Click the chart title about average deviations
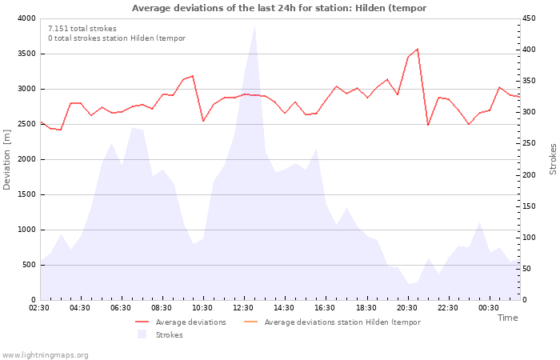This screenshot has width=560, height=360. [x=279, y=8]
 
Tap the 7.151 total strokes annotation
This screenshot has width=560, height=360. [x=82, y=29]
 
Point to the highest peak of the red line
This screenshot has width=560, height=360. [x=418, y=49]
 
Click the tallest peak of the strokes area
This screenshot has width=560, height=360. [x=254, y=26]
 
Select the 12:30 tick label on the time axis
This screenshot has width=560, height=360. [x=243, y=308]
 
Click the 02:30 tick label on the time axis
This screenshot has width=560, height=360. [x=39, y=308]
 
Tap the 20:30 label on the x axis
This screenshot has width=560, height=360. [x=406, y=308]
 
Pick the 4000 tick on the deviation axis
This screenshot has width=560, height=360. [x=26, y=18]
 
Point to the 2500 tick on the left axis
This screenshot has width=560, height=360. [x=26, y=124]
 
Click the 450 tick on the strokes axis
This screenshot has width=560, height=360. [x=529, y=18]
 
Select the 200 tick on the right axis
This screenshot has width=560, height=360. [x=529, y=175]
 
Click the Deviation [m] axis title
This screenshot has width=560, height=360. [x=6, y=160]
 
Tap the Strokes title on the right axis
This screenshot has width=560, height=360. [x=553, y=159]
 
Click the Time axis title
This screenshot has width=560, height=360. [x=507, y=318]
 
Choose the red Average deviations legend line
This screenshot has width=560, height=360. [x=142, y=322]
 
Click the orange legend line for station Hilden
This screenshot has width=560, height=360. [x=250, y=322]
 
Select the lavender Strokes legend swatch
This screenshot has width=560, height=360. [x=142, y=334]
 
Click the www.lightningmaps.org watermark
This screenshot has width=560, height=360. [x=45, y=355]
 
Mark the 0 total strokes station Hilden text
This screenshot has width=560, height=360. [x=117, y=38]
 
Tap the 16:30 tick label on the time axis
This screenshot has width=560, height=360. [x=325, y=308]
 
